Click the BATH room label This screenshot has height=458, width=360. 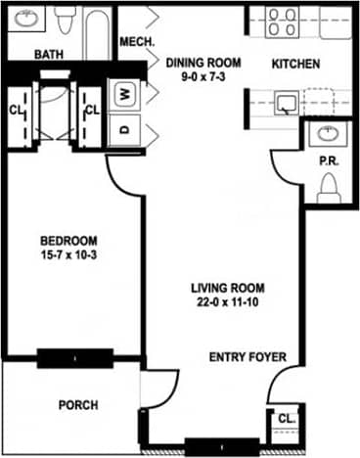coord(49,56)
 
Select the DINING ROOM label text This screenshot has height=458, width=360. coord(203,63)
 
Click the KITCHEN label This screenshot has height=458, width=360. coord(295,65)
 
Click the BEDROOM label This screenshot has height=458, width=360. coord(68,241)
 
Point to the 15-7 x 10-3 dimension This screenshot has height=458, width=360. coord(68,255)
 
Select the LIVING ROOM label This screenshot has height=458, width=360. coord(228,288)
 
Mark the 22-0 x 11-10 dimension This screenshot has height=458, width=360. coord(228,302)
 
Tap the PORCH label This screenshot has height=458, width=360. coord(78,404)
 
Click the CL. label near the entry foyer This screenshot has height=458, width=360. coord(285,418)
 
